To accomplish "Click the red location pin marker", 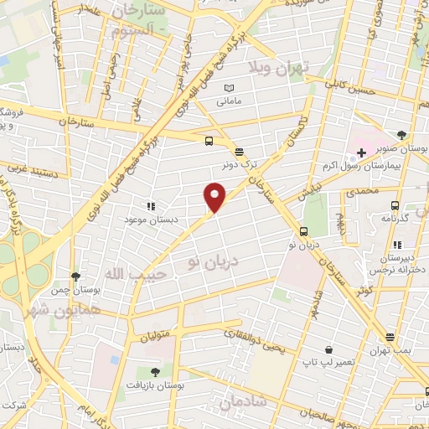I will pos(215,196).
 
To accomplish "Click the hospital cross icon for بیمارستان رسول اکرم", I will pos(360,152).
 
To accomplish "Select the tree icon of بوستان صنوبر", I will pos(402,134).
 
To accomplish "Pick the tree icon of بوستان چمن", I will pos(76,276).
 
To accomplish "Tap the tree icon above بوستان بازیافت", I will pos(154,372).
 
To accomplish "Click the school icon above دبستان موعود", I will pos(152,205).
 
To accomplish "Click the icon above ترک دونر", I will pos(240,152).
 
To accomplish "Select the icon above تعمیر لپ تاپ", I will pos(329,349).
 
